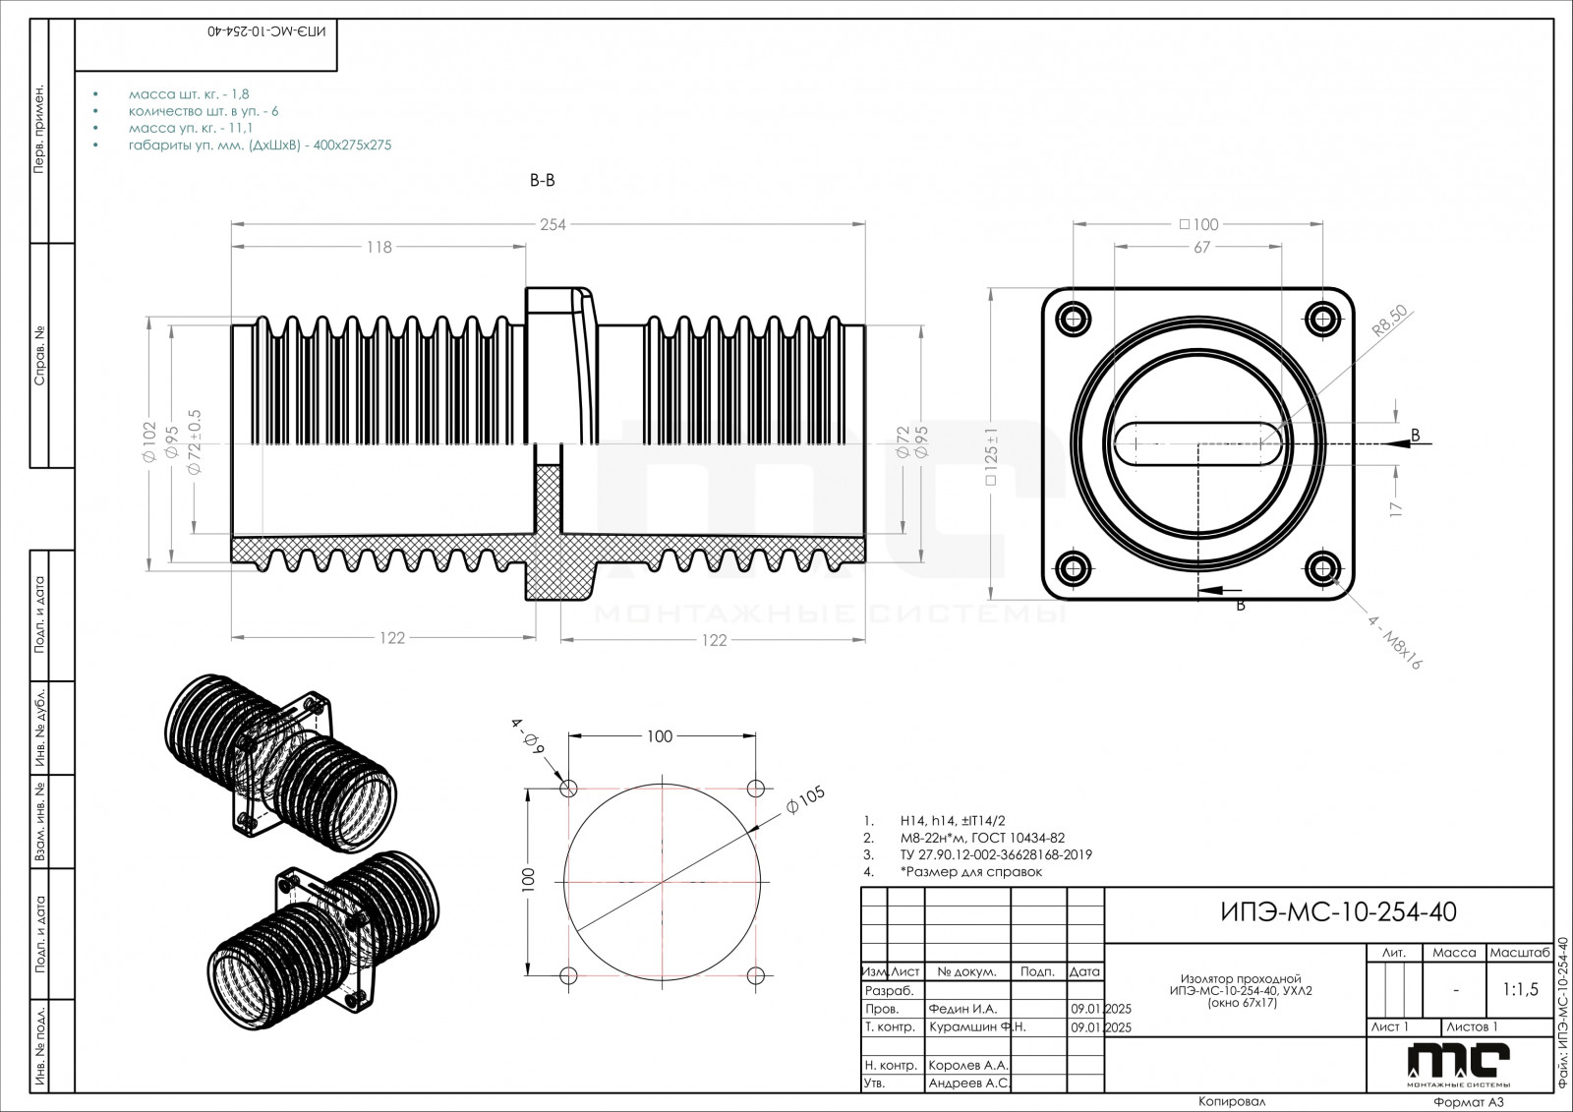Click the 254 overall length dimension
(x=553, y=224)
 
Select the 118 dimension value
(x=379, y=248)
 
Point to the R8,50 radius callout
(x=1390, y=322)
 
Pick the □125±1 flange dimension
(x=992, y=457)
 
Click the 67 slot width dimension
(x=1201, y=248)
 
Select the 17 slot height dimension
(x=1395, y=508)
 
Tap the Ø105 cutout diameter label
(x=805, y=801)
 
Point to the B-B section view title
(x=543, y=181)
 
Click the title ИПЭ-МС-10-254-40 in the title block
(x=1337, y=912)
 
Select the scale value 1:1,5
(x=1520, y=990)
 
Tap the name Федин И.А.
(x=962, y=1009)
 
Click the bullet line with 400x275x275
(x=260, y=145)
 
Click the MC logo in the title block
(x=1458, y=1061)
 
